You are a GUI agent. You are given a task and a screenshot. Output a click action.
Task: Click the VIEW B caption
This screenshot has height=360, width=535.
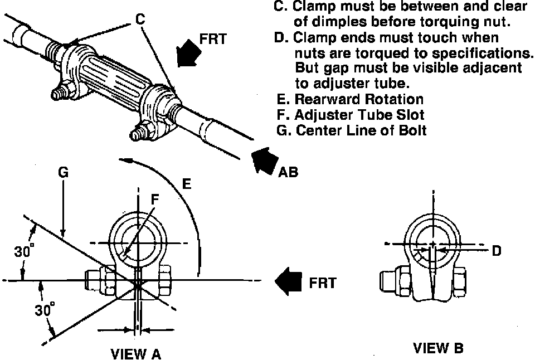[x=438, y=348]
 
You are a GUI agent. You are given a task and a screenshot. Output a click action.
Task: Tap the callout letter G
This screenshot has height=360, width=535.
[x=63, y=173]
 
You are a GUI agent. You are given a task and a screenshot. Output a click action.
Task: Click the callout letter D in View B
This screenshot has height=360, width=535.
[x=495, y=251]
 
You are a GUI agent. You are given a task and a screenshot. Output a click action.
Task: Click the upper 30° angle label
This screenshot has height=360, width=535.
[x=23, y=251]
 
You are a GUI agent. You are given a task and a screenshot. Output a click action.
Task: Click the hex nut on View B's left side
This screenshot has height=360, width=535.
[x=391, y=283]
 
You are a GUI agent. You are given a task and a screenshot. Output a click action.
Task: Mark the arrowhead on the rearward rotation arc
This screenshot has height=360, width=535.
[x=130, y=160]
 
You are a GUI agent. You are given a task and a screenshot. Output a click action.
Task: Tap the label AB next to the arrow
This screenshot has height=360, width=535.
[x=288, y=172]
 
